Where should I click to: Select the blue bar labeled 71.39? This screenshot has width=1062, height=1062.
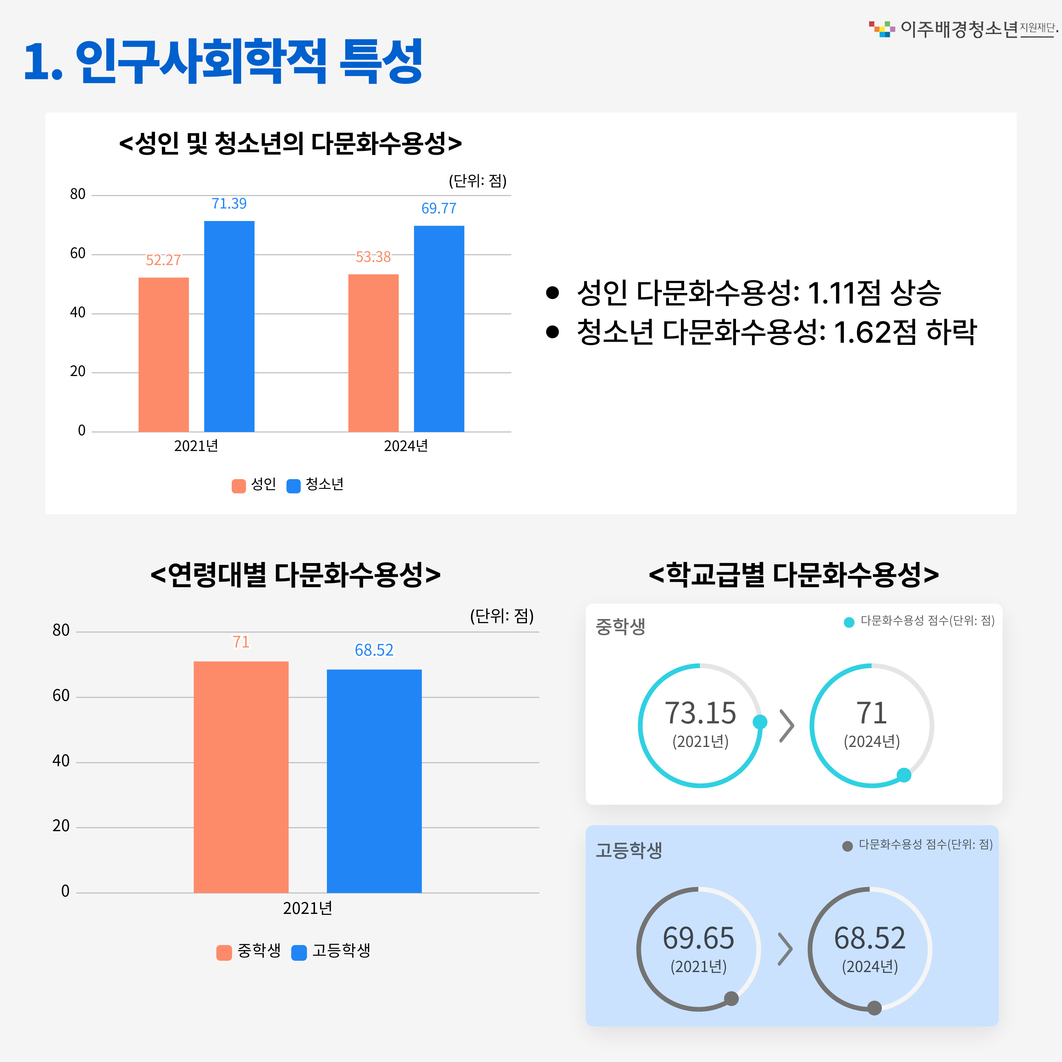[x=229, y=326]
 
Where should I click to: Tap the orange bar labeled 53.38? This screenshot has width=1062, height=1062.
[x=373, y=353]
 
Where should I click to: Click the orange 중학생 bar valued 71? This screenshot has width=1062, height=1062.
[x=241, y=777]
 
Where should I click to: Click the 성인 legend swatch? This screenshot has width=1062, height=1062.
[x=239, y=486]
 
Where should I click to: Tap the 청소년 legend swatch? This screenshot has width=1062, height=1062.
[x=294, y=486]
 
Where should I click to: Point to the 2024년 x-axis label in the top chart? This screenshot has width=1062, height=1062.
[x=406, y=446]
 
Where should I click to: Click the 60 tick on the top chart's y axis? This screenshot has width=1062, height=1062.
[x=78, y=253]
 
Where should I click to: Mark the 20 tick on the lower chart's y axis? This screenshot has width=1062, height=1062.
[x=61, y=826]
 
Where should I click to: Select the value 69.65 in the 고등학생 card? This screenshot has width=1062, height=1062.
[x=698, y=938]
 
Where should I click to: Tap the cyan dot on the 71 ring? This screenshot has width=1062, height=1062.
[x=904, y=775]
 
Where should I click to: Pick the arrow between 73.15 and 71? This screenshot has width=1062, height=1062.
[x=787, y=726]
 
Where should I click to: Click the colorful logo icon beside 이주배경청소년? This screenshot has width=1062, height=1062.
[x=882, y=29]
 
